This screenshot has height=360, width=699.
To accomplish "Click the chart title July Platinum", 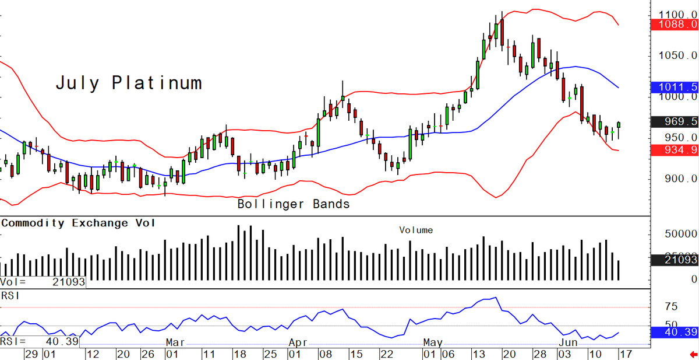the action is click(x=129, y=83).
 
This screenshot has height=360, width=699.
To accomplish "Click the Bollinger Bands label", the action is click(x=294, y=204).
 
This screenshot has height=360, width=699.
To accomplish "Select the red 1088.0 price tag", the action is click(x=675, y=25).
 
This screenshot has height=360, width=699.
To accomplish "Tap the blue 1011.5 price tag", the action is click(x=675, y=87).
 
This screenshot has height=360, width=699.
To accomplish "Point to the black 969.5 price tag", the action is click(x=675, y=121).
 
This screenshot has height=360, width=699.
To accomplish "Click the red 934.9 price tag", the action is click(x=675, y=150).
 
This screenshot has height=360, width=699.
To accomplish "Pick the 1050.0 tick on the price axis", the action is click(x=677, y=55).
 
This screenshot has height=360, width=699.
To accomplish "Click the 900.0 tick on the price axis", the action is click(x=680, y=179).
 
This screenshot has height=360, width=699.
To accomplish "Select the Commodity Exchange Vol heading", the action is click(x=78, y=223).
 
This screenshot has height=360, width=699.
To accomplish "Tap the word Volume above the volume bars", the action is click(x=416, y=230).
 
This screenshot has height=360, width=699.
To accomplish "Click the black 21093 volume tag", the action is click(x=675, y=260).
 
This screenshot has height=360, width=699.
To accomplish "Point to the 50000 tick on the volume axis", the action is click(x=680, y=234).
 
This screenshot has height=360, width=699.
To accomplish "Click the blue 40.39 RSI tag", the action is click(x=675, y=332).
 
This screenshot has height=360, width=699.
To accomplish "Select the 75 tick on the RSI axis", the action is click(x=671, y=306).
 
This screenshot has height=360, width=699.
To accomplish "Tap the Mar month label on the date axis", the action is click(x=175, y=343).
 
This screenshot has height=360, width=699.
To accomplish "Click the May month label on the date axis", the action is click(x=433, y=343).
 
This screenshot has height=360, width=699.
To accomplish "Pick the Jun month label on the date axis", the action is click(x=568, y=343).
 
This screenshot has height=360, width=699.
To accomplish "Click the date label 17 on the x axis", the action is click(x=626, y=354).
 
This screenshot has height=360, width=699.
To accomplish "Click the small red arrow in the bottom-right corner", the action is click(x=693, y=354).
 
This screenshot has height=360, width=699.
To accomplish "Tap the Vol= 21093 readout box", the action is click(x=43, y=282).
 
